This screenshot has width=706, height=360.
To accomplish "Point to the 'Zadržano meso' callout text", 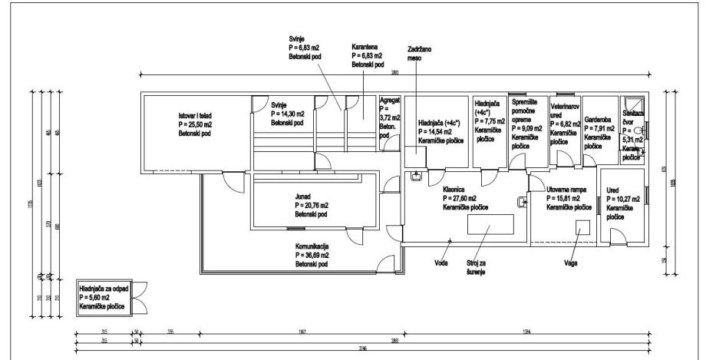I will [x=419, y=51].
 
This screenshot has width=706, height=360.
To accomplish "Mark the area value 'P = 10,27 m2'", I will [x=621, y=199].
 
